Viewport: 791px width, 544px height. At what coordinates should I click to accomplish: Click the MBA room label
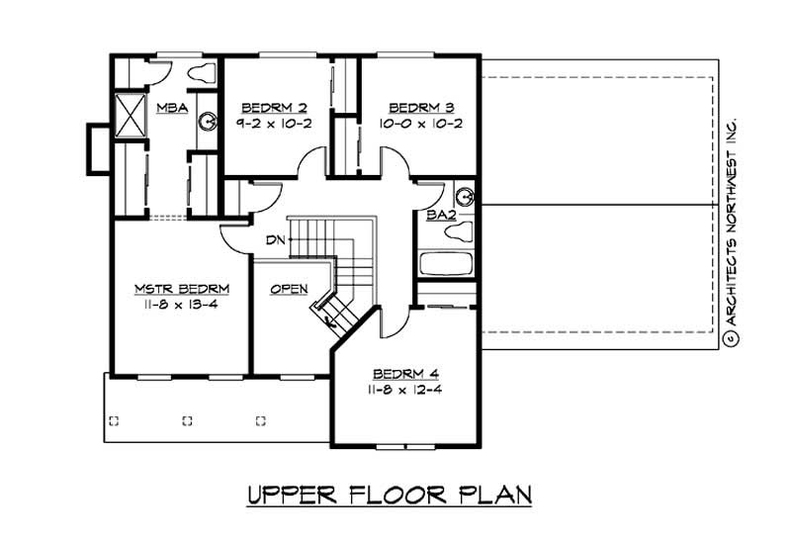click(171, 107)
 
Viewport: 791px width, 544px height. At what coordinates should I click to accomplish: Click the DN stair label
click(274, 239)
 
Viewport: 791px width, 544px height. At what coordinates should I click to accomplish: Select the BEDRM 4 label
click(405, 374)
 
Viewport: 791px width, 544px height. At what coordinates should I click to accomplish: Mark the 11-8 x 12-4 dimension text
click(405, 392)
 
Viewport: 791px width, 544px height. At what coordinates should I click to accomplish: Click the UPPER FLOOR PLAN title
click(388, 494)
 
